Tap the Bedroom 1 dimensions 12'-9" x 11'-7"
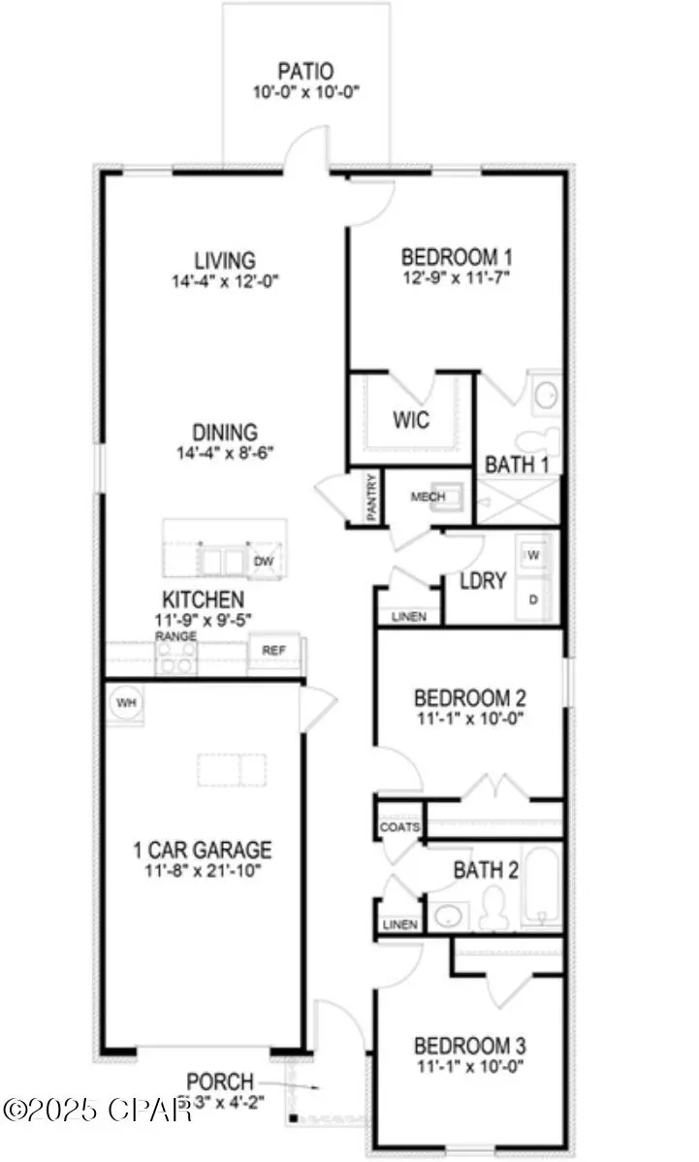click(456, 277)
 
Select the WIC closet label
click(411, 422)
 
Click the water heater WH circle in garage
click(126, 701)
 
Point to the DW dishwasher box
click(263, 562)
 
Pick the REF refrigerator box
click(274, 650)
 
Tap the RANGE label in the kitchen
click(175, 636)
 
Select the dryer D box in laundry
click(533, 599)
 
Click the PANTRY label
click(371, 497)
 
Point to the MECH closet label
click(427, 498)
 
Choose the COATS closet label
click(399, 827)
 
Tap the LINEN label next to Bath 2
click(400, 925)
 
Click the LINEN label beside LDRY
click(408, 617)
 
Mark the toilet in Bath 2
click(493, 907)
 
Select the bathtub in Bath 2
click(541, 886)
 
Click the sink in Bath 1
click(547, 394)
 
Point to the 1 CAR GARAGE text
click(203, 851)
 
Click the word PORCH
click(220, 1081)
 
